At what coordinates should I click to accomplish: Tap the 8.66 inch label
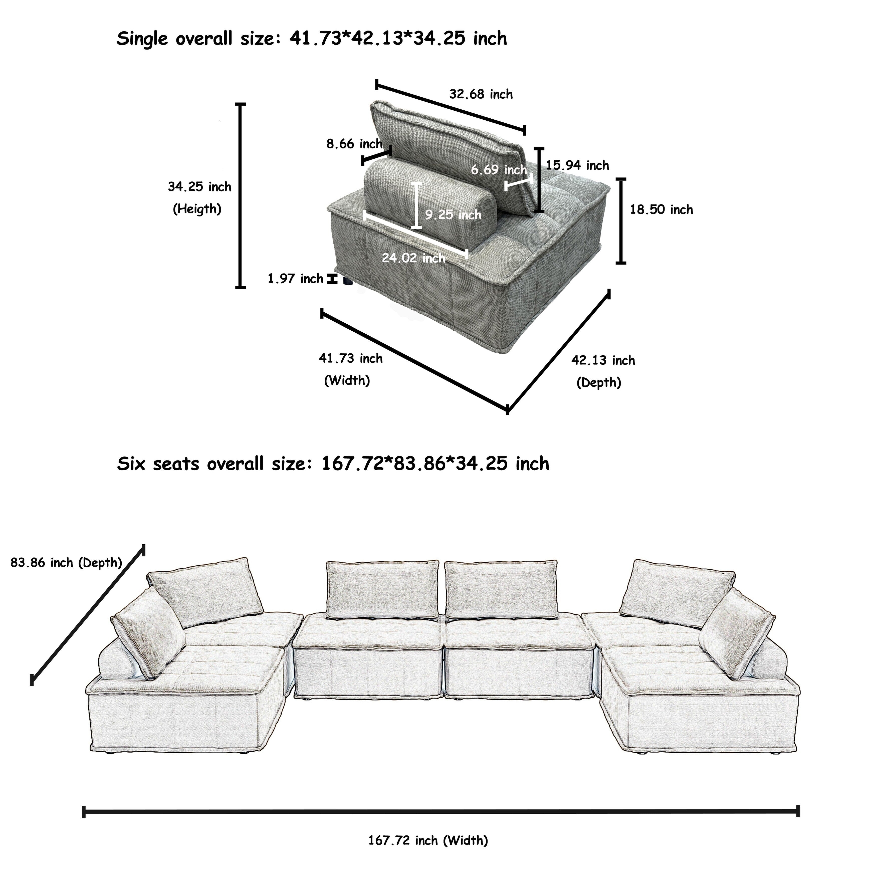pos(354,144)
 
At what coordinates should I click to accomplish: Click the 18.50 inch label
pos(661,209)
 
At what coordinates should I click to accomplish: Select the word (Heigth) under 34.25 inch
pos(197,209)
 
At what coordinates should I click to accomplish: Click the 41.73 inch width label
pos(350,358)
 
